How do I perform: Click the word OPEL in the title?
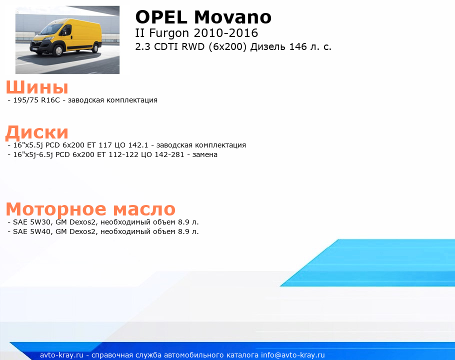[161, 17]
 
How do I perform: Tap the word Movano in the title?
[232, 17]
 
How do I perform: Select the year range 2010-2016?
[225, 33]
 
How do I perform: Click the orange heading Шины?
[37, 87]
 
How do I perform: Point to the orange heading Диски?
[37, 132]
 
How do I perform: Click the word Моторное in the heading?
[56, 209]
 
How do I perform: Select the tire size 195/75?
[25, 100]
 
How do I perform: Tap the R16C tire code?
[50, 100]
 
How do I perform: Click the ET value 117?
[105, 145]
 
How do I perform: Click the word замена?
[205, 154]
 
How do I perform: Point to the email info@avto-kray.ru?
[293, 355]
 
